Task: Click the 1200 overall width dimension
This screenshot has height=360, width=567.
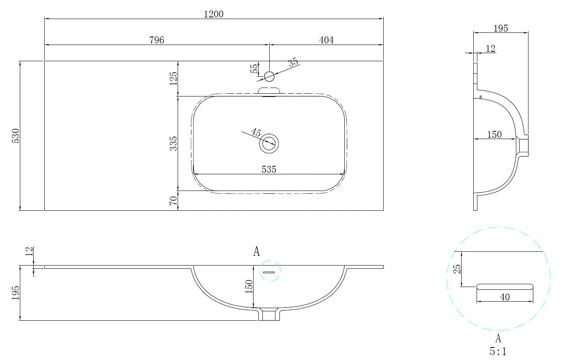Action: click(x=214, y=14)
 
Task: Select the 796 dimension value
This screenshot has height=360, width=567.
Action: click(x=157, y=40)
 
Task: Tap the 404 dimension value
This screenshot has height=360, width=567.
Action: click(x=326, y=40)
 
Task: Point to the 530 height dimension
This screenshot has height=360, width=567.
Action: click(x=16, y=136)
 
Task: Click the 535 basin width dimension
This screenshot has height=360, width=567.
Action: click(x=269, y=169)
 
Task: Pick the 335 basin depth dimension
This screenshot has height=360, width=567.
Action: click(x=174, y=144)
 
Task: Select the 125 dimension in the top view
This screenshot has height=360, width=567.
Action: click(x=174, y=78)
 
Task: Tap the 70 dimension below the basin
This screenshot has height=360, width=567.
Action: click(x=174, y=201)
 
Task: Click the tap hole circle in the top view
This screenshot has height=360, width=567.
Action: click(x=269, y=76)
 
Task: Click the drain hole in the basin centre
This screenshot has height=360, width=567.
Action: click(x=269, y=144)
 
